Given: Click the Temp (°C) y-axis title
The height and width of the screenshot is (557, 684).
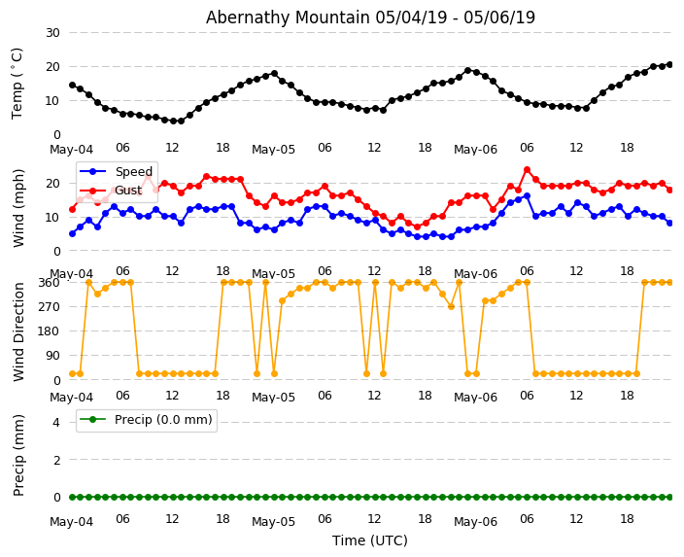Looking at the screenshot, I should pyautogui.click(x=17, y=83).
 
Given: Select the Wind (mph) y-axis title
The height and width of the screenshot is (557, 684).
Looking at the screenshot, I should pyautogui.click(x=18, y=207).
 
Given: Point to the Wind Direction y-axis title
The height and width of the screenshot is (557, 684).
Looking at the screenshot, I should pyautogui.click(x=18, y=331).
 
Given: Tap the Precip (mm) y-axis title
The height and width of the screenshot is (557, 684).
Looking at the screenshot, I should pyautogui.click(x=18, y=455).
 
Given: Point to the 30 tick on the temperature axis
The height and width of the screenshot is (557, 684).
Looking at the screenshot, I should pyautogui.click(x=51, y=33).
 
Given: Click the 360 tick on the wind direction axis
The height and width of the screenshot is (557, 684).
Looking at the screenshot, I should pyautogui.click(x=48, y=283).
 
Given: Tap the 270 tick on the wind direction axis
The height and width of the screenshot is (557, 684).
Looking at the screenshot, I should pyautogui.click(x=48, y=307).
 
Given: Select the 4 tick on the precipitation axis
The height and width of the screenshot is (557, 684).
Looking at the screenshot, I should pyautogui.click(x=54, y=422).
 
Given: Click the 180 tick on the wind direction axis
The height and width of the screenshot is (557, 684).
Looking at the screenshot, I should pyautogui.click(x=48, y=331).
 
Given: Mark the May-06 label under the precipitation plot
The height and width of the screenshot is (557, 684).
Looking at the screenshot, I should pyautogui.click(x=475, y=522).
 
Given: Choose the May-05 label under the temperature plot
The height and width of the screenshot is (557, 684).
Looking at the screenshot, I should pyautogui.click(x=273, y=150).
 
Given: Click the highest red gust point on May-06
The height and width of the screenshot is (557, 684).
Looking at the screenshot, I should pyautogui.click(x=527, y=170).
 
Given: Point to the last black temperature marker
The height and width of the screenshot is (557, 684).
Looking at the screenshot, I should pyautogui.click(x=669, y=64).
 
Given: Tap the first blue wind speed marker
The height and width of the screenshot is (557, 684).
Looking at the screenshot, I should pyautogui.click(x=72, y=233).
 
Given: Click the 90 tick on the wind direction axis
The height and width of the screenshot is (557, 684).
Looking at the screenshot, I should pyautogui.click(x=51, y=356).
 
